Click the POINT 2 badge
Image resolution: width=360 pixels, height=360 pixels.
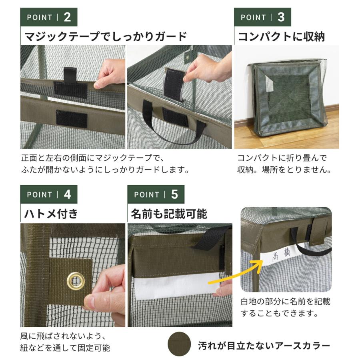coord(48,17)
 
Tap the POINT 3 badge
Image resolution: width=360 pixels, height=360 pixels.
coord(262,17)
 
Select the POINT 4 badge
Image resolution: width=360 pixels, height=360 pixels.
coord(48,194)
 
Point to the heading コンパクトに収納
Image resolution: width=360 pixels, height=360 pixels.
coord(281,37)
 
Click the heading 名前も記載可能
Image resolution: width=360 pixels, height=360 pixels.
coord(169,214)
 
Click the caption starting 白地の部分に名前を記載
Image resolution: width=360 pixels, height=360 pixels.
coord(286,307)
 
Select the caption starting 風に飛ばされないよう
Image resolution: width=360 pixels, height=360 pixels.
coord(65,342)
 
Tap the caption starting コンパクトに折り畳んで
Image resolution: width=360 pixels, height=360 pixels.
coord(284,163)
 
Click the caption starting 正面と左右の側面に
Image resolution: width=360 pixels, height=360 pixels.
coord(105,163)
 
